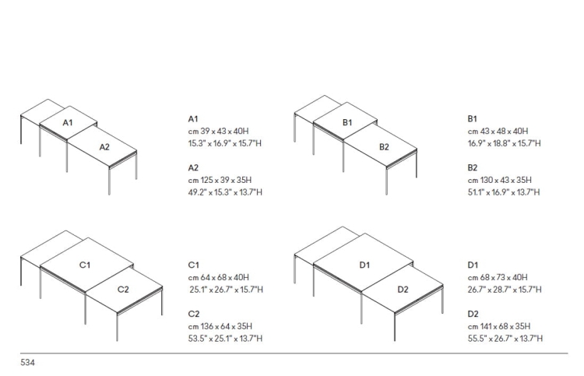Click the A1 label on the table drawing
(68, 122)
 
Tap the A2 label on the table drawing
(104, 147)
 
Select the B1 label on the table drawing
(347, 122)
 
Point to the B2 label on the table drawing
(384, 147)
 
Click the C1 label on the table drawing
(85, 265)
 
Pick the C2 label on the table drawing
(123, 290)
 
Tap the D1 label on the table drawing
(364, 265)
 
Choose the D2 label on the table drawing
(403, 290)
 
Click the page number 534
(27, 362)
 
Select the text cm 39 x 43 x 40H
(218, 131)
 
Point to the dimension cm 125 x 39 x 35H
(220, 180)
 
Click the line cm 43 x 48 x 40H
(498, 131)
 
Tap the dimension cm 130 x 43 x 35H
(499, 180)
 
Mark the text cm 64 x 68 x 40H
(219, 277)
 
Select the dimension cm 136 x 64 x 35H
(220, 326)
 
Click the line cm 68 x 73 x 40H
(498, 277)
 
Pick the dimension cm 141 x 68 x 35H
(499, 326)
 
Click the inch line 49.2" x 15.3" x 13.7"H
(225, 192)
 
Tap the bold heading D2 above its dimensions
(473, 314)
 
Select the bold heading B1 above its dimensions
(473, 119)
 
